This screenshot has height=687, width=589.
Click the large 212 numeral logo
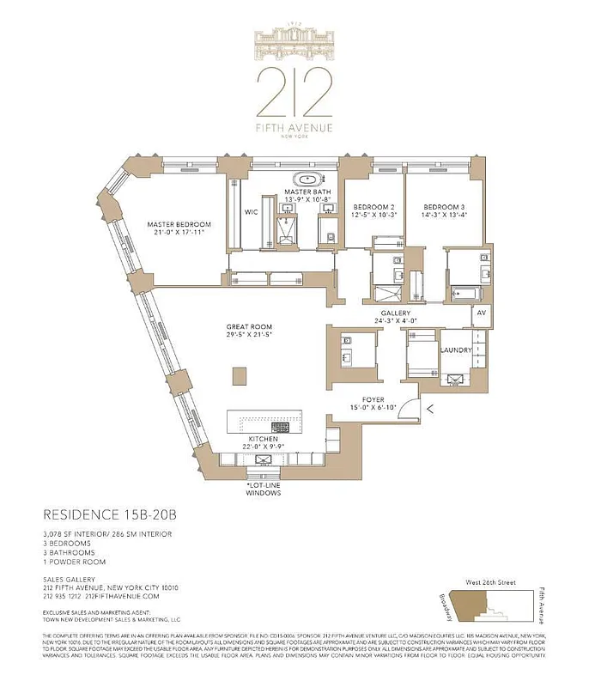(x=294, y=91)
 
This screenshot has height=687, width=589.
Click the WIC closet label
(x=251, y=211)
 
